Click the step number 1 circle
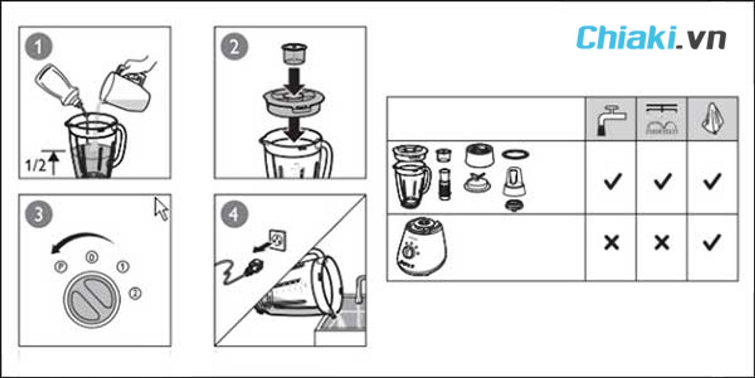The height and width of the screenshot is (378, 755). click(39, 47)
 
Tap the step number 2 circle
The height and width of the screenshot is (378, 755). click(234, 47)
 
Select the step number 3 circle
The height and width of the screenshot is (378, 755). click(39, 215)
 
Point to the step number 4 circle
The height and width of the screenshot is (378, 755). click(234, 215)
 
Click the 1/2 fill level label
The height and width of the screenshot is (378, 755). click(35, 165)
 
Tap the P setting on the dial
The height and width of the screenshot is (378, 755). click(61, 267)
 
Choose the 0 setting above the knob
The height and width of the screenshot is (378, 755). click(92, 257)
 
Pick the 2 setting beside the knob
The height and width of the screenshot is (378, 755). click(135, 293)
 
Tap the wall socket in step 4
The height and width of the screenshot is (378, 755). click(278, 240)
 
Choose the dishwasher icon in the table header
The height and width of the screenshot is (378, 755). click(662, 119)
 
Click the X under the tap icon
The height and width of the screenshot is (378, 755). click(611, 243)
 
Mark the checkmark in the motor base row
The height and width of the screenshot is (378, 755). click(712, 243)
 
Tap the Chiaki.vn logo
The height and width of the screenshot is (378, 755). click(651, 38)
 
